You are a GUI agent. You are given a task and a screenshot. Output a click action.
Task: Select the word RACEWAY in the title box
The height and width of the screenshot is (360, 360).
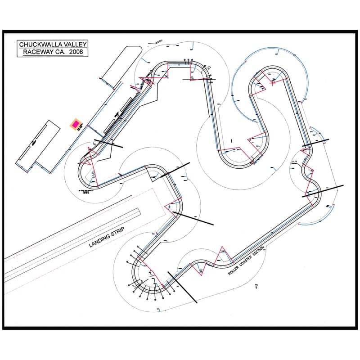click(x=38, y=53)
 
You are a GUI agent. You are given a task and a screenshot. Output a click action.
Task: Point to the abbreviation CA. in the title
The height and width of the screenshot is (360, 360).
click(x=59, y=53)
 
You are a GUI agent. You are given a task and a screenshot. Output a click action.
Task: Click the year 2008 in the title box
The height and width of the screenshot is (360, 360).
click(x=75, y=53)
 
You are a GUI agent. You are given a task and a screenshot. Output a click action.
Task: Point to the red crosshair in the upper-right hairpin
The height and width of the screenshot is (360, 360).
click(x=273, y=82)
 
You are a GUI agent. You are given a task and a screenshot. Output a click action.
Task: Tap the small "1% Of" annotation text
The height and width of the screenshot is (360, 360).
click(x=295, y=162)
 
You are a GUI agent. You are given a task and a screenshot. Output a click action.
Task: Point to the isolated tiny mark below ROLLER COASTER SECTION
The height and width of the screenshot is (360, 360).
click(x=256, y=285)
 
